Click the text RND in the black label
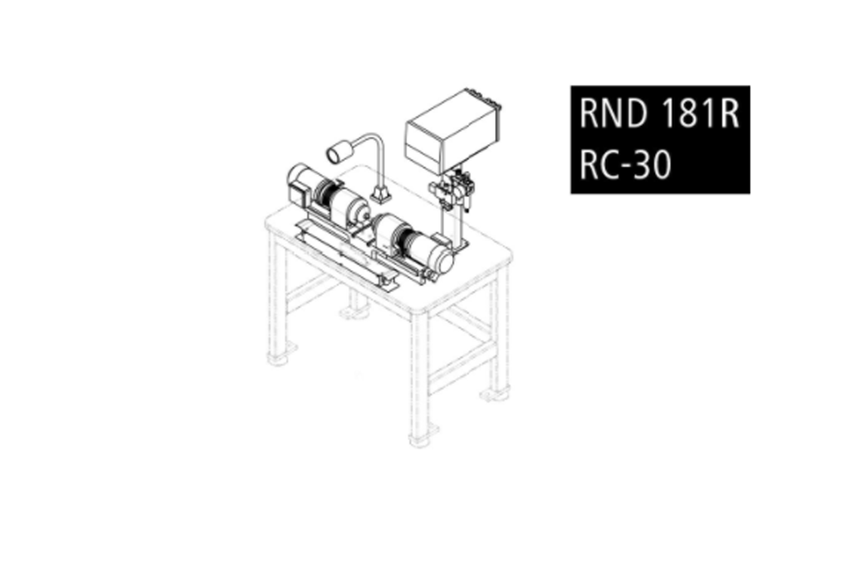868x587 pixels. coord(614,114)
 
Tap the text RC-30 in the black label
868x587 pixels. coord(624,164)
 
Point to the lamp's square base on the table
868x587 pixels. coord(381,195)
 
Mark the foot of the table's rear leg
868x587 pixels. coord(354,311)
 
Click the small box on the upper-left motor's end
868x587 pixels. coord(295,195)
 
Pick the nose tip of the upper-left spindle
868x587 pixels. coord(365,212)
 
